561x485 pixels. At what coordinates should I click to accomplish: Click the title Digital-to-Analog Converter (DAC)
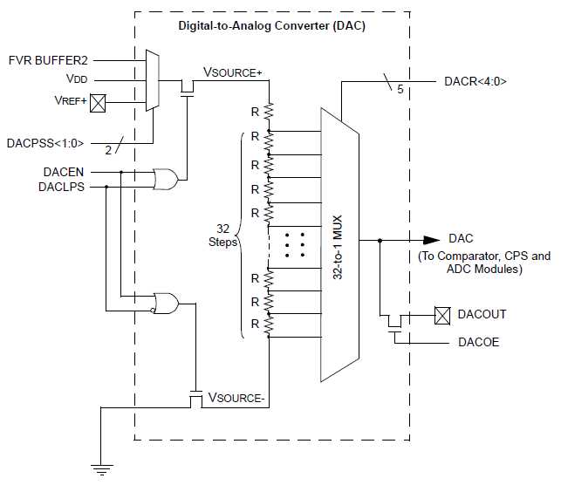(271, 26)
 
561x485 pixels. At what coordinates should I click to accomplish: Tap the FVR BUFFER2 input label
(48, 60)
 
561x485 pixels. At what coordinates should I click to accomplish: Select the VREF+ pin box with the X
(98, 103)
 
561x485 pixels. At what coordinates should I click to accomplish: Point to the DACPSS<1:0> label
(45, 143)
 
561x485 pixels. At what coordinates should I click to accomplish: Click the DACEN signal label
(64, 172)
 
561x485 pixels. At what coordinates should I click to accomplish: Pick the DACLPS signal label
(61, 187)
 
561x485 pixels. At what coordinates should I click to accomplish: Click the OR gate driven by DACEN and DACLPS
(165, 179)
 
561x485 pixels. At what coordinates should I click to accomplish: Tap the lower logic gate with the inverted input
(165, 304)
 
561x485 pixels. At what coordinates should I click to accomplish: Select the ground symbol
(101, 469)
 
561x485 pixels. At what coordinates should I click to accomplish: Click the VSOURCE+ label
(233, 72)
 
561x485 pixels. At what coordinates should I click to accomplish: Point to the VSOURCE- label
(236, 398)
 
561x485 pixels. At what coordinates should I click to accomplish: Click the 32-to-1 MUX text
(338, 247)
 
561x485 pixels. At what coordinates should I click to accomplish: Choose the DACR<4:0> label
(475, 81)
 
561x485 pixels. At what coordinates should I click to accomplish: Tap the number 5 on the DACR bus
(400, 89)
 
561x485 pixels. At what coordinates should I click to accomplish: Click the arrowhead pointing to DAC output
(432, 241)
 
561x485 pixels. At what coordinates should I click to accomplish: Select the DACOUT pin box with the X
(442, 316)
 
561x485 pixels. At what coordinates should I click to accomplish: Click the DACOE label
(478, 342)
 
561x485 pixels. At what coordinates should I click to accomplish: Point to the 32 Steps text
(222, 236)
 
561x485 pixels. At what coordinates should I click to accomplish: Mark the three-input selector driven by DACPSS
(153, 80)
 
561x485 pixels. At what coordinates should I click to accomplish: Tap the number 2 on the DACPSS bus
(108, 151)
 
